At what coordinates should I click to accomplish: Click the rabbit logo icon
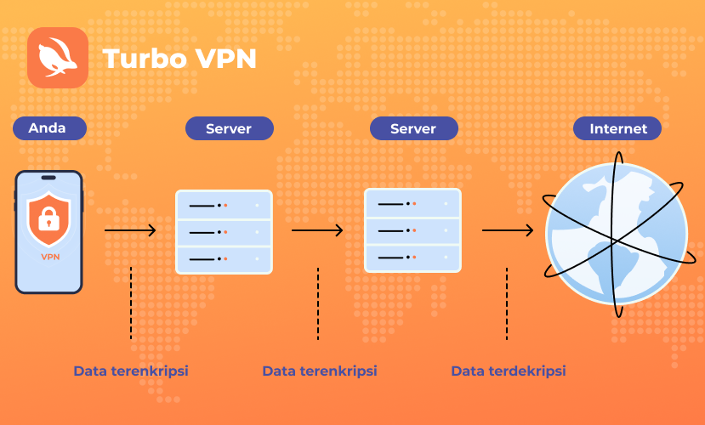pyautogui.click(x=58, y=58)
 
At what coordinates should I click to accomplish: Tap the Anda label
pyautogui.click(x=49, y=128)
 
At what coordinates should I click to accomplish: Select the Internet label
pyautogui.click(x=617, y=128)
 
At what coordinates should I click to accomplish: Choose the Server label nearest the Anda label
pyautogui.click(x=230, y=128)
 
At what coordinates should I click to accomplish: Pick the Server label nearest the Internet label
pyautogui.click(x=414, y=128)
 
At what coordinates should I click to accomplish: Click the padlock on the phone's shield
pyautogui.click(x=49, y=218)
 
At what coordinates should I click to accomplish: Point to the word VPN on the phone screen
pyautogui.click(x=50, y=257)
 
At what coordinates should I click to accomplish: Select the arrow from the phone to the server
pyautogui.click(x=130, y=230)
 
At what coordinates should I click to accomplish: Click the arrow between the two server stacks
pyautogui.click(x=317, y=230)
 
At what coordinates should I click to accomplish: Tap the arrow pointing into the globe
pyautogui.click(x=508, y=230)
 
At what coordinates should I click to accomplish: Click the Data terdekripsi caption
pyautogui.click(x=509, y=371)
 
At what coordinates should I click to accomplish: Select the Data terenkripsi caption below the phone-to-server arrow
pyautogui.click(x=131, y=371)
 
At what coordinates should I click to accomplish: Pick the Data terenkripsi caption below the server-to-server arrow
pyautogui.click(x=320, y=371)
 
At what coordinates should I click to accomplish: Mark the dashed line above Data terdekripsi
pyautogui.click(x=507, y=303)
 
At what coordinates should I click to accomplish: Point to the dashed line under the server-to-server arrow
pyautogui.click(x=318, y=303)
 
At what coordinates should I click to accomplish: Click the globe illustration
pyautogui.click(x=617, y=234)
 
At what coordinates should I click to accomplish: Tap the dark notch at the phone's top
pyautogui.click(x=48, y=178)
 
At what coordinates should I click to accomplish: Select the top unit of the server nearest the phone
pyautogui.click(x=224, y=205)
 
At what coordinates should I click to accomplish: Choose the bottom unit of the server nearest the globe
pyautogui.click(x=412, y=258)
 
